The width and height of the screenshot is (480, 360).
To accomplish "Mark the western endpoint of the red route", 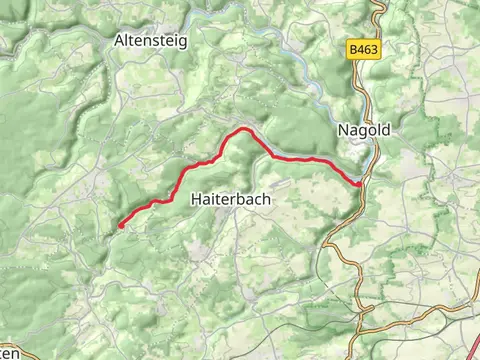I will pyautogui.click(x=120, y=226).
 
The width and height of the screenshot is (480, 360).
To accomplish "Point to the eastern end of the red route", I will pyautogui.click(x=360, y=184).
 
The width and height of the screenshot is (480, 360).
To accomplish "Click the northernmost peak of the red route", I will pyautogui.click(x=241, y=130).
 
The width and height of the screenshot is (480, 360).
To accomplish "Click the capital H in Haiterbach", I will pyautogui.click(x=194, y=200).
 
